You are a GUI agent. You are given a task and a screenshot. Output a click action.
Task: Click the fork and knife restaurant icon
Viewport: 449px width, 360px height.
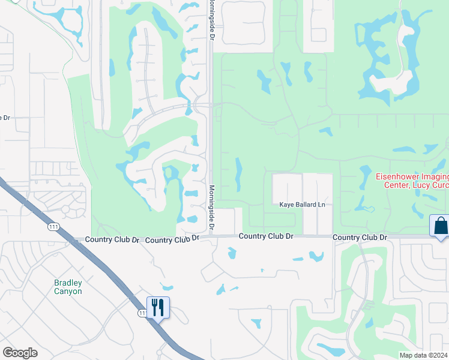158,307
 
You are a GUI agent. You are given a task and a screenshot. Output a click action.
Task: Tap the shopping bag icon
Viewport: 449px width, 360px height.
440,226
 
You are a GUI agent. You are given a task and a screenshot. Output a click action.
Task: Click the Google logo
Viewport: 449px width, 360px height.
20,353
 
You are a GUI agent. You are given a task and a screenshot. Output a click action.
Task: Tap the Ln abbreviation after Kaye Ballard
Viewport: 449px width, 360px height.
321,205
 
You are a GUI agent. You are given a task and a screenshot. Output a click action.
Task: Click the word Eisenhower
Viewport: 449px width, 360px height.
397,176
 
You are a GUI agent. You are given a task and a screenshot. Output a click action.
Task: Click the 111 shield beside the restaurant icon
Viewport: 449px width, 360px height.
142,313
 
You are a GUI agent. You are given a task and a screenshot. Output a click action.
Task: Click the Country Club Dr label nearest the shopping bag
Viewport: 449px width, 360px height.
360,237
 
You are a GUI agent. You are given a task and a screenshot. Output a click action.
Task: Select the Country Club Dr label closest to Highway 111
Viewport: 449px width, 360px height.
112,239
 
